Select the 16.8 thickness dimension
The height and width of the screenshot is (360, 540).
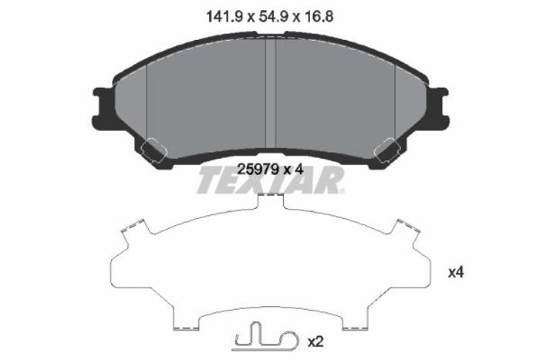(318, 16)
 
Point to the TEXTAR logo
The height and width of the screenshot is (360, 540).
(270, 180)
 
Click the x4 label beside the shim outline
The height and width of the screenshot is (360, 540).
(456, 273)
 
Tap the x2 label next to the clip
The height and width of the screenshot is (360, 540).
(316, 341)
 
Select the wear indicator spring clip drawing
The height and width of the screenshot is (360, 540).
(265, 339)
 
